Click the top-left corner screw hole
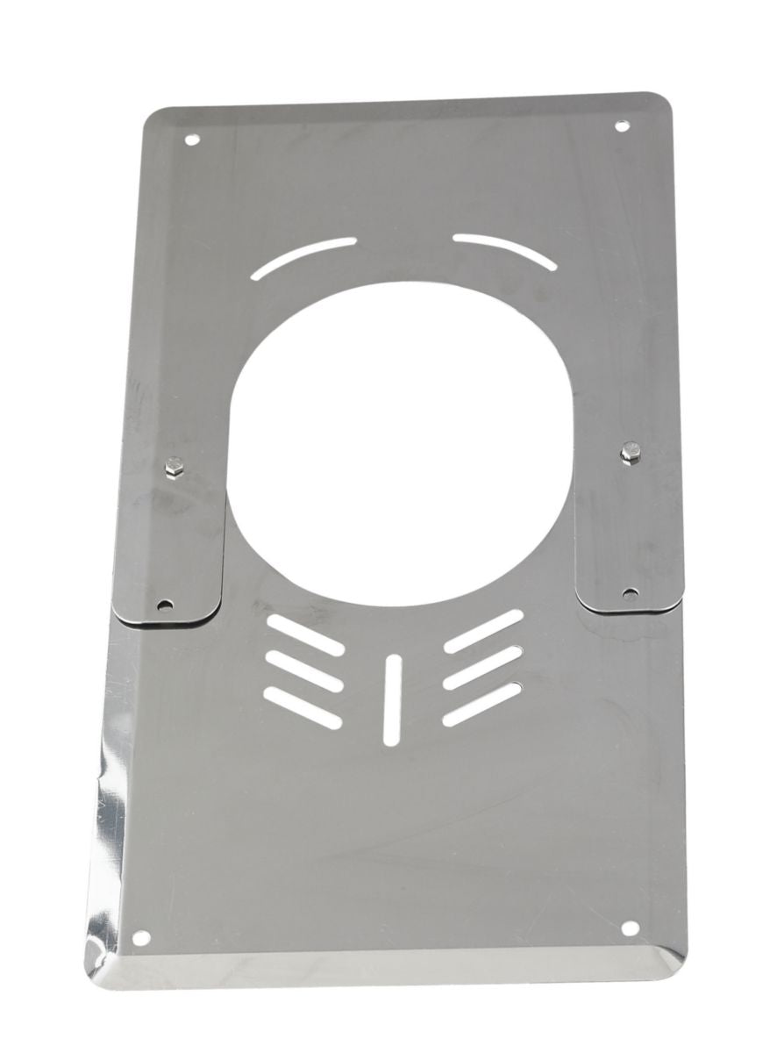click(192, 140)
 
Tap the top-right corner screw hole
click(622, 126)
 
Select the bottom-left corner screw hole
click(140, 937)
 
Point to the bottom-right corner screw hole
click(629, 928)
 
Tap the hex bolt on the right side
click(628, 452)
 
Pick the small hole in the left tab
click(164, 605)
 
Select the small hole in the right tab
click(629, 594)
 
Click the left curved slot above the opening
click(303, 258)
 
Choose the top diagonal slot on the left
click(305, 634)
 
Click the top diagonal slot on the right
click(483, 631)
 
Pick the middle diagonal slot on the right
click(482, 668)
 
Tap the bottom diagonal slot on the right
click(481, 705)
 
